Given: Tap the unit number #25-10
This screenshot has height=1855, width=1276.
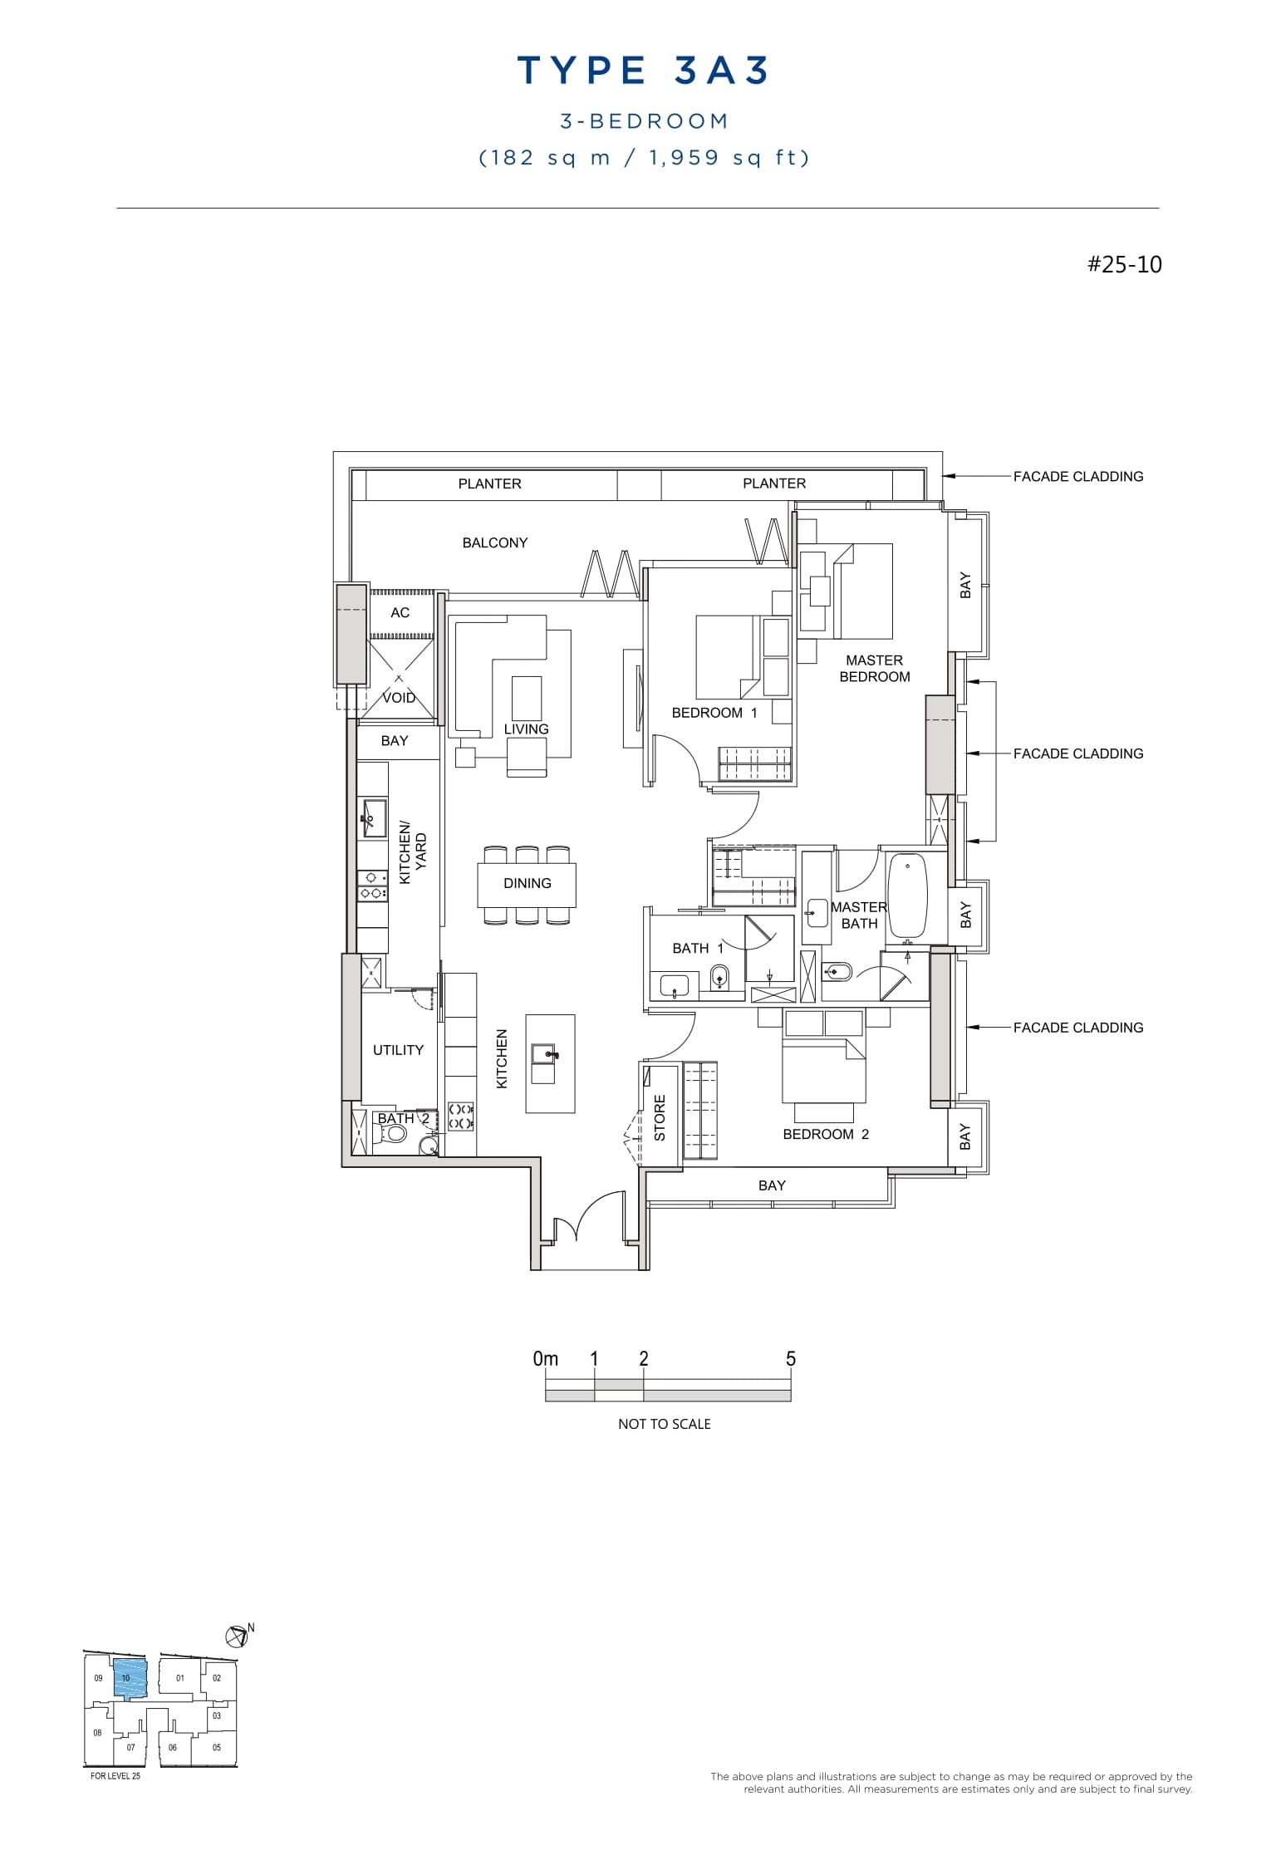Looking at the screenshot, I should point(1125,265).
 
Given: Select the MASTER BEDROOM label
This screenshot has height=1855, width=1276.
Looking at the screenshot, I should point(874,669).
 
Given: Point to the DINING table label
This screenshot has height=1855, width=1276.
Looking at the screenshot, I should point(527,883).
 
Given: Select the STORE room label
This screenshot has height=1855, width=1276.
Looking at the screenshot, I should point(660,1117).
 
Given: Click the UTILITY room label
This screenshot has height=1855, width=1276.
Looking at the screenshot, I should point(398,1050).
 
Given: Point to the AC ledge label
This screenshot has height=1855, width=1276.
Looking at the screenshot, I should point(400,613).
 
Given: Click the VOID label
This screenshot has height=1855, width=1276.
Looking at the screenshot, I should point(399,698).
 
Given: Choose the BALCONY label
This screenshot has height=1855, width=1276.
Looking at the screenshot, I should point(495,542).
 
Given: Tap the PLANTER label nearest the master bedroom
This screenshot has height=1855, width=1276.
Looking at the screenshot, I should point(773,483).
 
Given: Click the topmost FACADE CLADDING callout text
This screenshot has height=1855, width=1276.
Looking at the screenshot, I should point(1077,477).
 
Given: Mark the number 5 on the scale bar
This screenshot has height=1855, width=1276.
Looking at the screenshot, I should point(790,1358).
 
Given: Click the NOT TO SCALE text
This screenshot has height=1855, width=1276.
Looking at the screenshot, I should point(664,1424).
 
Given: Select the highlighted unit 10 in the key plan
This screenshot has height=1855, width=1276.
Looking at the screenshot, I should point(129,1678).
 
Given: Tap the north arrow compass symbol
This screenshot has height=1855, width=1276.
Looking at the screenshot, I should point(237,1636).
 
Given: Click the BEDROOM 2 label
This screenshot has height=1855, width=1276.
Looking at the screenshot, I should point(826,1135).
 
